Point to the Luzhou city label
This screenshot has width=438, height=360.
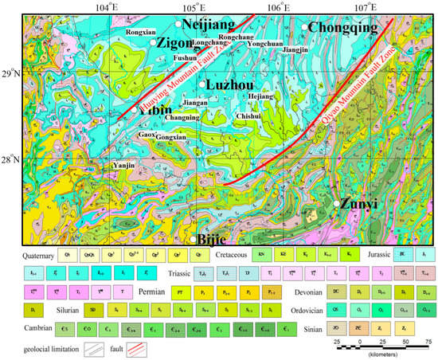(x=232, y=84)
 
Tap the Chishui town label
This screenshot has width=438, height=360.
(x=248, y=115)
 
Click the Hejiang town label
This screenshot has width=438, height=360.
(x=263, y=96)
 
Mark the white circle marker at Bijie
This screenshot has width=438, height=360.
(x=193, y=239)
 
